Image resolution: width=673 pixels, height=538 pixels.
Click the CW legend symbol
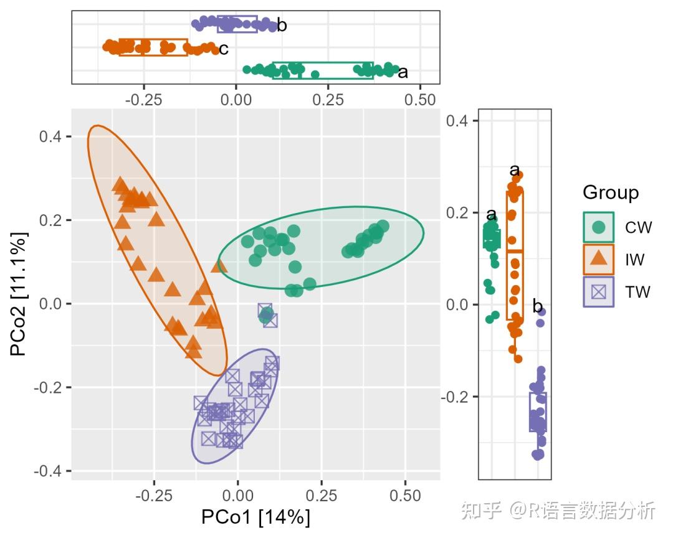[x=599, y=227]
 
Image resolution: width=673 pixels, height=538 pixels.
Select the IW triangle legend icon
[x=599, y=259]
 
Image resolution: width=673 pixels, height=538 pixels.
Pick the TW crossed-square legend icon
[x=599, y=291]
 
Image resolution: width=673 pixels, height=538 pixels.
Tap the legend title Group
[x=610, y=192]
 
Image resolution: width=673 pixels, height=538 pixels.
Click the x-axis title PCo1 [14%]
[x=255, y=517]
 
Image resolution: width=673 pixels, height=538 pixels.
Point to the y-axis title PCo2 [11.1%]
[x=19, y=293]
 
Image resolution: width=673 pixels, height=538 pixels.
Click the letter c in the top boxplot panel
[x=223, y=49]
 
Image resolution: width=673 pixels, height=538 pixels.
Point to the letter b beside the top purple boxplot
[x=282, y=26]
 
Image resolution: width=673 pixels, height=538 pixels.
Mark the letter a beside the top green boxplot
[x=403, y=73]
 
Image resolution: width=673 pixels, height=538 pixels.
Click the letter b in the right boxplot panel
[x=537, y=306]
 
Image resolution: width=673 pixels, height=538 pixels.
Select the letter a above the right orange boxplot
[x=515, y=171]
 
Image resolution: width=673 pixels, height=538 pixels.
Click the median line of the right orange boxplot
[x=515, y=251]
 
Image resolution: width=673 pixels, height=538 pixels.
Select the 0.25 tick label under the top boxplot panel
[x=328, y=100]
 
